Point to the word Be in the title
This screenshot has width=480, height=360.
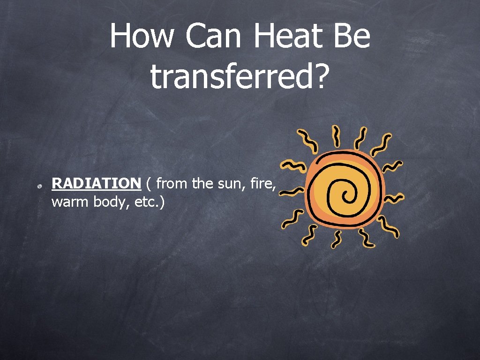[x=352, y=36]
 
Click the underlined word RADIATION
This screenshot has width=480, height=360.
[x=96, y=183]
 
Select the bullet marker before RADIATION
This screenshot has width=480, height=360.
[x=41, y=187]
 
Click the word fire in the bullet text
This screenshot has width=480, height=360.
[x=262, y=183]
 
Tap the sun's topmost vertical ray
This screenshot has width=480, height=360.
[x=337, y=135]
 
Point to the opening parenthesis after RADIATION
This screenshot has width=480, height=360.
[x=148, y=184]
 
